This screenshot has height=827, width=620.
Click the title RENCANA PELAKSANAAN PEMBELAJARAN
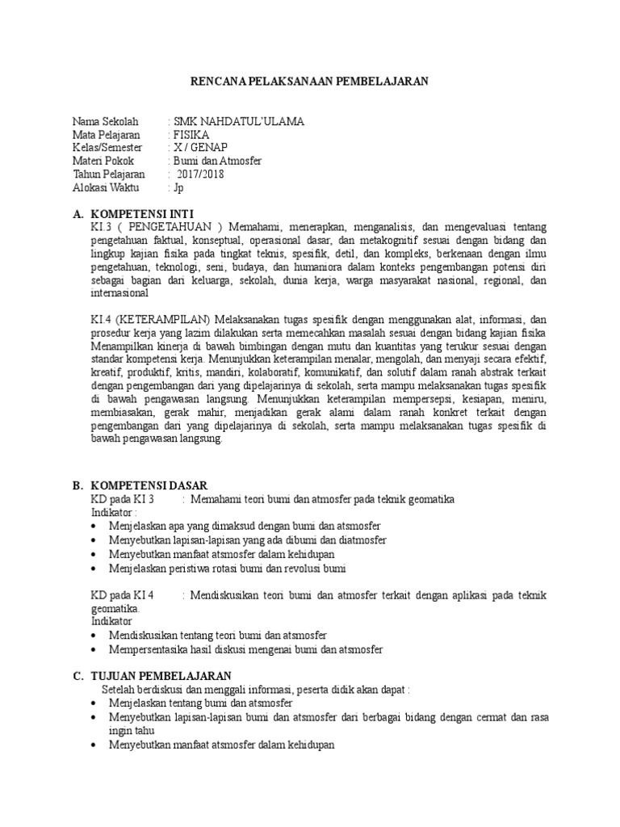point(310,81)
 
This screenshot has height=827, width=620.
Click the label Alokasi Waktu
point(106,187)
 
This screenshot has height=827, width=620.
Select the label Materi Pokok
point(103,161)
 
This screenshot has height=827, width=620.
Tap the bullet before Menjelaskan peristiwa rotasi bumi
point(96,569)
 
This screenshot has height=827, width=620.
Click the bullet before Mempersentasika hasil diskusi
point(96,649)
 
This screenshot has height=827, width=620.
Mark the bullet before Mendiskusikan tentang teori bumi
point(96,636)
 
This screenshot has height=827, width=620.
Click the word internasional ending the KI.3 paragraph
point(125,293)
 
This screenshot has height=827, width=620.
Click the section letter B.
point(77,485)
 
